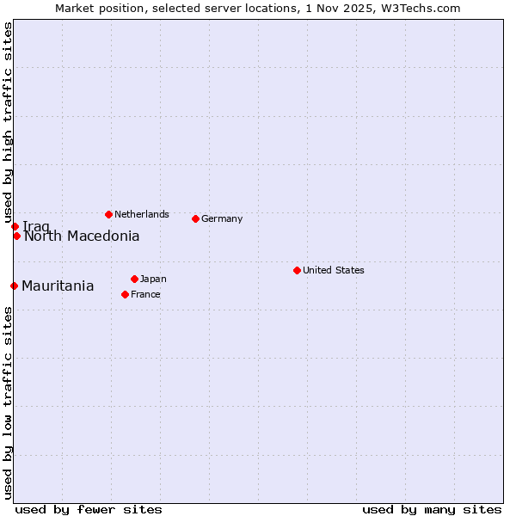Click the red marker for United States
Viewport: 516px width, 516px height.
tap(297, 270)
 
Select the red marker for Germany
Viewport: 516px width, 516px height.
tap(195, 218)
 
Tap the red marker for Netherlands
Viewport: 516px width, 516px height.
tap(108, 214)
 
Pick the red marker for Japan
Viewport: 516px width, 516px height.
tap(134, 279)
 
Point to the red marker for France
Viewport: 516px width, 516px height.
tap(125, 294)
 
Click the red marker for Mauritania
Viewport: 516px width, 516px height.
tap(14, 286)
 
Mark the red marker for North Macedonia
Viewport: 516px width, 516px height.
tap(16, 236)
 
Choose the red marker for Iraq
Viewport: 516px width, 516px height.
tap(15, 226)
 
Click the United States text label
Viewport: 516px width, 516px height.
tap(334, 270)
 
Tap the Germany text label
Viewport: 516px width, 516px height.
tap(222, 218)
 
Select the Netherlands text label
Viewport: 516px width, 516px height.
tap(142, 214)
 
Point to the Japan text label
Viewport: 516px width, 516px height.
tap(153, 279)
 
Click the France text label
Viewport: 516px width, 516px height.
tap(145, 294)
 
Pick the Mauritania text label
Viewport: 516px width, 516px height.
tap(58, 286)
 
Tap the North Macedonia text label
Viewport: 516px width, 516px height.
tap(82, 236)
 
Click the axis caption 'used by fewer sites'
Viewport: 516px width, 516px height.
tap(89, 509)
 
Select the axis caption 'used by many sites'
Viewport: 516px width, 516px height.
tap(432, 509)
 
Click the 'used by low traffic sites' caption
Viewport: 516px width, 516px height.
tap(8, 402)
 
